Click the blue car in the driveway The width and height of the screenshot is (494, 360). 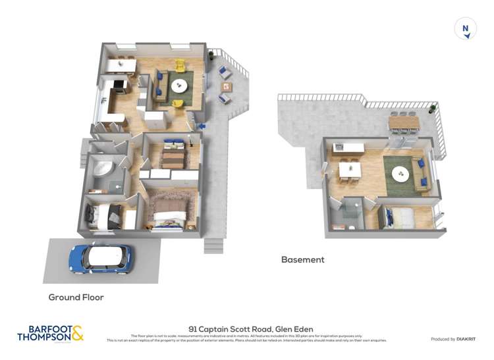click(101, 259)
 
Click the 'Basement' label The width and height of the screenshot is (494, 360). click(302, 259)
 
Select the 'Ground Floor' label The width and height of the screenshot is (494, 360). click(76, 297)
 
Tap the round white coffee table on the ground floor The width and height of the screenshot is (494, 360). click(178, 86)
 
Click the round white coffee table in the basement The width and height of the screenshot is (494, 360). click(400, 174)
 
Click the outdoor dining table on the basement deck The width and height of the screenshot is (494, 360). click(402, 122)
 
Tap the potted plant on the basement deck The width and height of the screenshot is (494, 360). click(432, 108)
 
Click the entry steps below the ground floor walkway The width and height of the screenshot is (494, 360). click(213, 245)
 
